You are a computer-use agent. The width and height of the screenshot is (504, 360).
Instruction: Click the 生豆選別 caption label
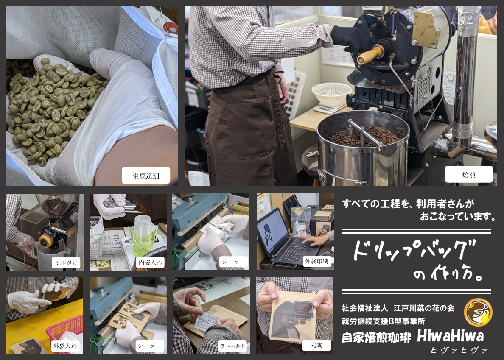tap(146, 176)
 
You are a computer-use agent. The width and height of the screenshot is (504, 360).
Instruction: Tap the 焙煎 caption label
tap(468, 174)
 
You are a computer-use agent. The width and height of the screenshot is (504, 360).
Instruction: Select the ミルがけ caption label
tap(66, 262)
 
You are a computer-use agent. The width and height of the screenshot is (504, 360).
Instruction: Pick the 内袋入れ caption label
tap(150, 262)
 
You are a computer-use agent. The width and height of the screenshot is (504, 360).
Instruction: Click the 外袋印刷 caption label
tap(316, 261)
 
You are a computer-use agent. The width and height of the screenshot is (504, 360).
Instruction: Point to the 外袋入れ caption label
tap(65, 346)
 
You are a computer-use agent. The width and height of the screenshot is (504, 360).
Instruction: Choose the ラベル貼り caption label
tap(232, 346)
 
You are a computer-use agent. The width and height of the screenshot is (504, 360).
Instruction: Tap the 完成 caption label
tap(316, 345)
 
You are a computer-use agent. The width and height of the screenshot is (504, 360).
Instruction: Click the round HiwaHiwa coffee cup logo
tap(478, 313)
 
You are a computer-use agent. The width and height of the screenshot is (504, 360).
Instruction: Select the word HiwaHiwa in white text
tap(450, 336)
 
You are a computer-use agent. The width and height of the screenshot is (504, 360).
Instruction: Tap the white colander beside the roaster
tap(331, 94)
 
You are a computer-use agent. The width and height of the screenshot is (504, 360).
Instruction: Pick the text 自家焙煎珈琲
tap(376, 337)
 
